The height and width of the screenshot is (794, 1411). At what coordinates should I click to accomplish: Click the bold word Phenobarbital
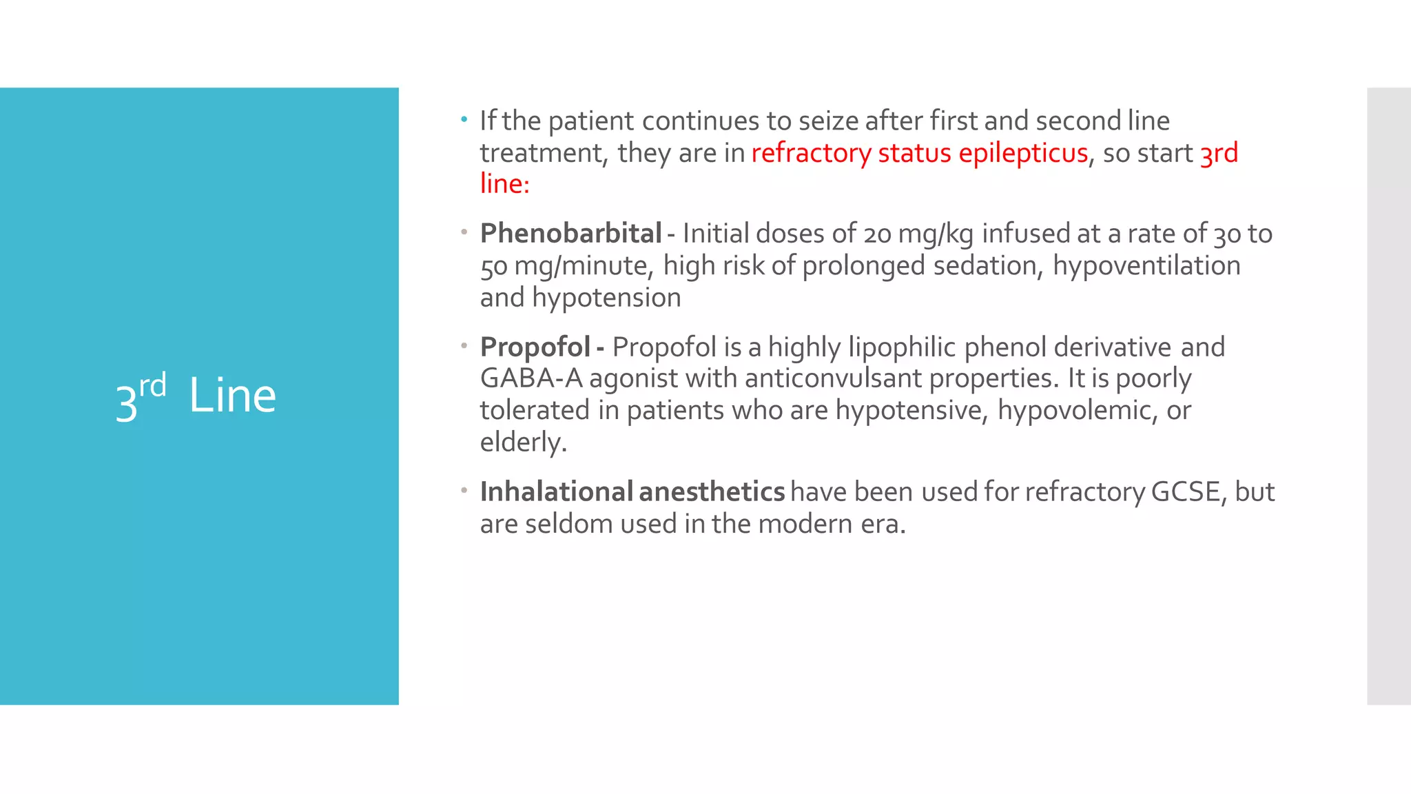coord(570,234)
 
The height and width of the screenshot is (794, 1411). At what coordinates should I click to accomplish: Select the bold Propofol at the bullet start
coord(535,347)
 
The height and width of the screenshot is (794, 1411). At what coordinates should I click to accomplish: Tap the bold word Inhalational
coord(556,491)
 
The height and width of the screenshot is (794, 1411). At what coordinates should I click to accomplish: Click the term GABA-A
coord(531,378)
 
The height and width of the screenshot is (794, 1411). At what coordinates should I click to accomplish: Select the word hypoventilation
coord(1146,265)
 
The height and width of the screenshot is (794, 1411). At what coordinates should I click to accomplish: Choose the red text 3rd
coord(1219,152)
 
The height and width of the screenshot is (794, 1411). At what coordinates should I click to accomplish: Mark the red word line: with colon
coord(504,183)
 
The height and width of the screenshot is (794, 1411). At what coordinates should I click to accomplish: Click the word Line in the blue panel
coord(232,396)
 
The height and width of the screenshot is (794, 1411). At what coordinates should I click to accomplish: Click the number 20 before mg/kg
coord(877,234)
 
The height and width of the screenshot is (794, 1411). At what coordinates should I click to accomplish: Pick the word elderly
coord(523,442)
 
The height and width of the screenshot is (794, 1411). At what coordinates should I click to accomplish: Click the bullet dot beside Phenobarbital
coord(464,232)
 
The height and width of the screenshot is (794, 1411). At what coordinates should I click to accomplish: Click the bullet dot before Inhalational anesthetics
coord(464,490)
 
